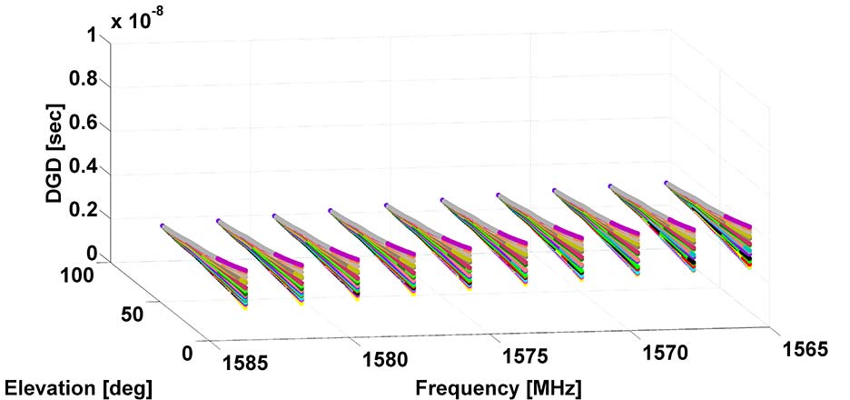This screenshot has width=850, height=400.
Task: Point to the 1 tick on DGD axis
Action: click(91, 35)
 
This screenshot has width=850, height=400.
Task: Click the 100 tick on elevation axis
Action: click(88, 275)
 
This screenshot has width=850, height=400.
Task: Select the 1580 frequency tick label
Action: click(385, 359)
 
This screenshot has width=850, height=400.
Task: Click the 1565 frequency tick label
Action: click(802, 349)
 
